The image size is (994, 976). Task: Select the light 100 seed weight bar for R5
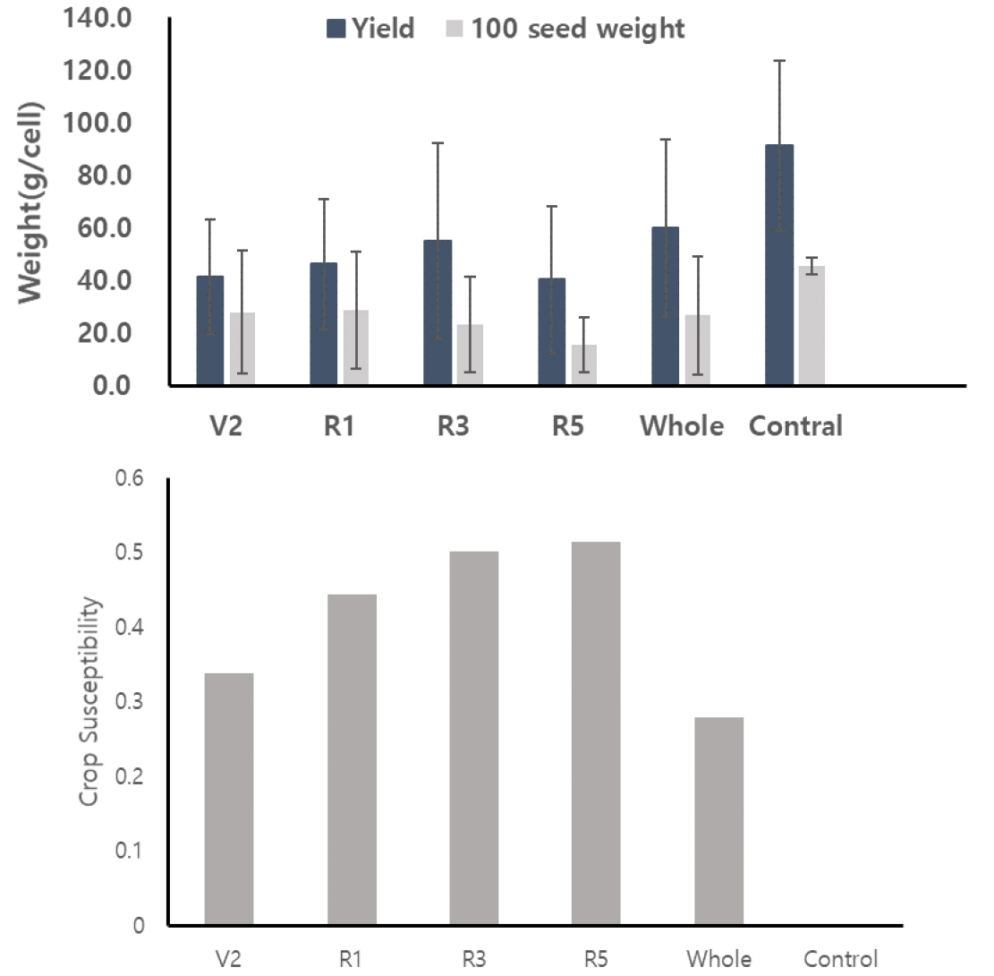tap(584, 365)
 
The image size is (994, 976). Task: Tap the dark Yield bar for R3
tap(438, 313)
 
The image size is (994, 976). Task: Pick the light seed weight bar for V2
tap(242, 349)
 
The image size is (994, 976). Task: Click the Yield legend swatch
tap(336, 29)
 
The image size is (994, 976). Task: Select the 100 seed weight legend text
tap(578, 29)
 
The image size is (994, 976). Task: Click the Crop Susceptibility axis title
tap(89, 701)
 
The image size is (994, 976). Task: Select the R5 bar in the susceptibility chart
tap(596, 733)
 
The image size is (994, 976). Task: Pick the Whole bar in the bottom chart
tap(718, 821)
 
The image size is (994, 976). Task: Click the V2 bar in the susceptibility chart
tap(229, 800)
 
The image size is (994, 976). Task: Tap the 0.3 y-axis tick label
tap(132, 702)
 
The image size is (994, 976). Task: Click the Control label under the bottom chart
tap(840, 959)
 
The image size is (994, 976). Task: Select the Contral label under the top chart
tap(795, 426)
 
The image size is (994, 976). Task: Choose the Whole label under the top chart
tap(681, 426)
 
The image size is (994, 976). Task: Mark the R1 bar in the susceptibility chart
tap(352, 759)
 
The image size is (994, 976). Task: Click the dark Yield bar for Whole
tap(665, 306)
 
